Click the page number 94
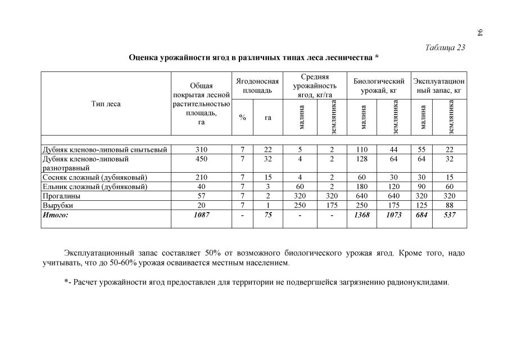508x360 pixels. click(x=480, y=32)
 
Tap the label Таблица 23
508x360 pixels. click(x=445, y=47)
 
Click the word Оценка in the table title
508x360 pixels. click(x=144, y=57)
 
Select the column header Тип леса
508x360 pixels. click(x=106, y=103)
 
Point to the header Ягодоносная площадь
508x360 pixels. click(x=257, y=85)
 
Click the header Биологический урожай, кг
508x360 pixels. click(x=378, y=85)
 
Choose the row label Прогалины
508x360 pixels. click(x=61, y=196)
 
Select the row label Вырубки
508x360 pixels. click(x=58, y=206)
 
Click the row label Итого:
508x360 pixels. click(x=56, y=215)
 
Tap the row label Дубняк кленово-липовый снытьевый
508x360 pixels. click(x=105, y=149)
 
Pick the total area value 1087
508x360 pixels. click(x=201, y=215)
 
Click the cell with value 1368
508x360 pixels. click(x=362, y=215)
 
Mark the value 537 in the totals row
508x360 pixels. click(x=449, y=215)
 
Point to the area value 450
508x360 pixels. click(x=201, y=159)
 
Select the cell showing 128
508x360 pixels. click(x=362, y=159)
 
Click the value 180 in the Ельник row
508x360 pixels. click(x=362, y=187)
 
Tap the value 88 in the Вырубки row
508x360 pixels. click(x=449, y=206)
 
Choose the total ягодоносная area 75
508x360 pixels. click(x=268, y=215)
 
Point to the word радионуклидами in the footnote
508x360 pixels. click(x=418, y=282)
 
